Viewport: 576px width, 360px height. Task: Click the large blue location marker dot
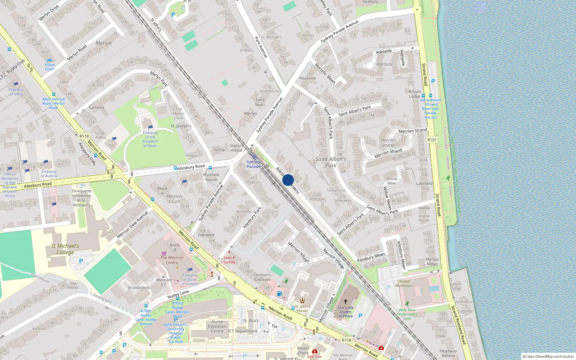click(x=288, y=180)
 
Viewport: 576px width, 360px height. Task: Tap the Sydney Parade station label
click(x=253, y=164)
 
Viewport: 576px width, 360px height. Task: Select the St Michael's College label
click(x=65, y=249)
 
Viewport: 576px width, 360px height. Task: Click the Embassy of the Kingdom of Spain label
click(x=150, y=139)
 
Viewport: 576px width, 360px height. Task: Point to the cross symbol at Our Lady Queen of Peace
click(x=346, y=302)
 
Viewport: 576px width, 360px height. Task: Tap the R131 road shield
click(x=432, y=140)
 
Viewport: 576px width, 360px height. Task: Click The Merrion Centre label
click(x=172, y=260)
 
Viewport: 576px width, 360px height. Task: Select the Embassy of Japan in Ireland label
click(x=190, y=279)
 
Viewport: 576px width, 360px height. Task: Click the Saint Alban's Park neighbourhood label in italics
click(x=330, y=162)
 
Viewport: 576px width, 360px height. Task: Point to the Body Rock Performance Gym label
click(x=407, y=314)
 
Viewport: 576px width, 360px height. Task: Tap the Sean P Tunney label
click(x=229, y=260)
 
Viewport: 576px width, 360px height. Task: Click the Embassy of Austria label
click(x=49, y=174)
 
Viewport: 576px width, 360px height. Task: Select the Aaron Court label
click(x=50, y=67)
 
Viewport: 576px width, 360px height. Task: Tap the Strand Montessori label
click(x=404, y=283)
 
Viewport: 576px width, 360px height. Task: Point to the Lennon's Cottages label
click(x=262, y=277)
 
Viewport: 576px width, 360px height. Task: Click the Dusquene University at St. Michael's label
click(x=82, y=198)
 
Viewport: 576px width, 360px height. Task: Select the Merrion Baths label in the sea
click(x=480, y=7)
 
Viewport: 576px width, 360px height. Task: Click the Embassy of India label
click(x=16, y=92)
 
